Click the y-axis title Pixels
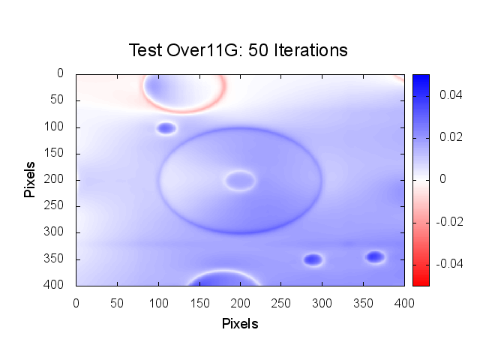coord(30,179)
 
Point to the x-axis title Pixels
coord(240,324)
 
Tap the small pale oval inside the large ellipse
coord(240,180)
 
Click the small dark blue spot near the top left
coord(166,128)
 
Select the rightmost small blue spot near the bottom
coord(375,257)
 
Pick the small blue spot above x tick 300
coord(313,259)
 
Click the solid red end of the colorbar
coord(421,281)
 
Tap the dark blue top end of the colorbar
coord(421,78)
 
